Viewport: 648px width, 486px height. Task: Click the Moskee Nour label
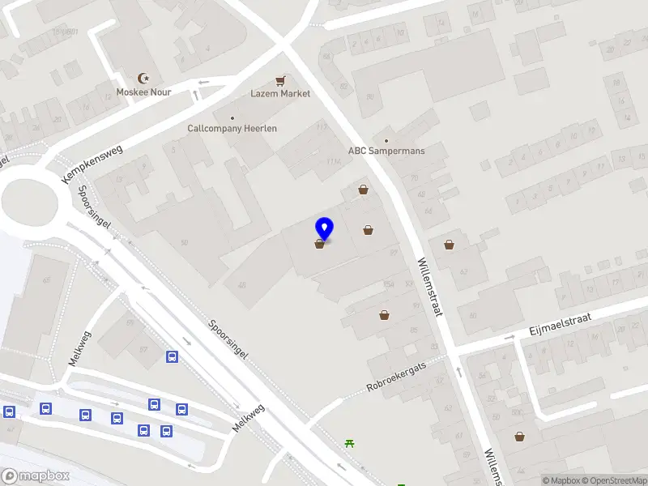(143, 92)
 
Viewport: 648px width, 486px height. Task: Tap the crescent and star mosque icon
(144, 79)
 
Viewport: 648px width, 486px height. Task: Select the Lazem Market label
(280, 94)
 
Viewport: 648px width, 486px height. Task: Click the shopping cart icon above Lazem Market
(280, 80)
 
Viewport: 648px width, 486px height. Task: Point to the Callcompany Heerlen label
(232, 129)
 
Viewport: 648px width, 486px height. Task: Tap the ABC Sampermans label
(386, 151)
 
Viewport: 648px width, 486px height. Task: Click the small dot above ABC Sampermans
(386, 139)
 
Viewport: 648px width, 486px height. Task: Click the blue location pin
(324, 228)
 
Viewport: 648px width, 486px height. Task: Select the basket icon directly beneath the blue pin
(321, 244)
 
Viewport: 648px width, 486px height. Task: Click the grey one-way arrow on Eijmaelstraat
(510, 336)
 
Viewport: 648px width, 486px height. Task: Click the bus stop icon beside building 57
(172, 356)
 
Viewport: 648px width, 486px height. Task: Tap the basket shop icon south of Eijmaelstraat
(519, 437)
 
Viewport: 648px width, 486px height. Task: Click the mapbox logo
(34, 476)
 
